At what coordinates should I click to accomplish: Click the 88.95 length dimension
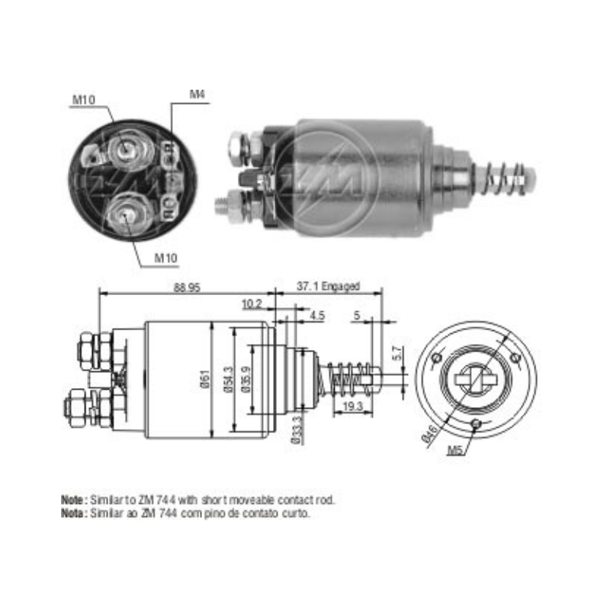pyautogui.click(x=187, y=287)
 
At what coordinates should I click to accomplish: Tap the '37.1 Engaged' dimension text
pyautogui.click(x=328, y=286)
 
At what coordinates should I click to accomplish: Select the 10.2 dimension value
pyautogui.click(x=252, y=303)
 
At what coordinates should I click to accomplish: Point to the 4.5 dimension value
pyautogui.click(x=317, y=315)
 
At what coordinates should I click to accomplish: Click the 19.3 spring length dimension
pyautogui.click(x=352, y=406)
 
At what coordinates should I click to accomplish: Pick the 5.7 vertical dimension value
pyautogui.click(x=396, y=353)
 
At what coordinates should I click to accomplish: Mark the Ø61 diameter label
pyautogui.click(x=205, y=378)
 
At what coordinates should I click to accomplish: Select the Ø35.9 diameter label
pyautogui.click(x=246, y=379)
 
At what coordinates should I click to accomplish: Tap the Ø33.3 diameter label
pyautogui.click(x=297, y=430)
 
